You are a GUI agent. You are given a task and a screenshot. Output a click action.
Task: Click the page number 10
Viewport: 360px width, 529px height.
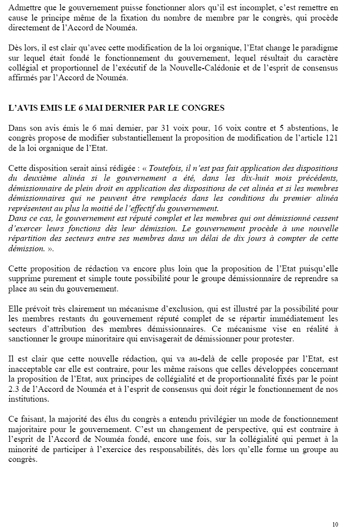click(335, 524)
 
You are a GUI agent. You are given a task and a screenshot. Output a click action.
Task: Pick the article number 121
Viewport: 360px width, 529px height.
click(332, 139)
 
